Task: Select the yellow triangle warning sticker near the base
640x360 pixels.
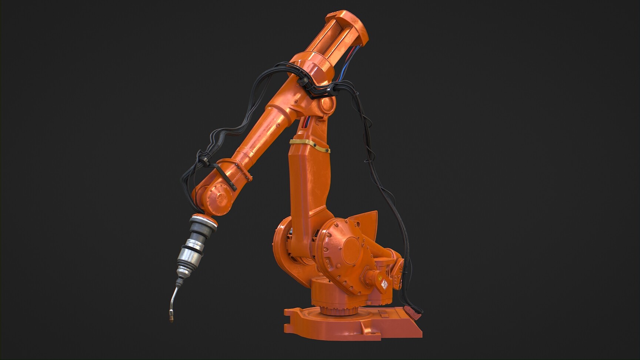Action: coord(379,277)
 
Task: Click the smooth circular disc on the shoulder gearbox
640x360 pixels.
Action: coord(352,248)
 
